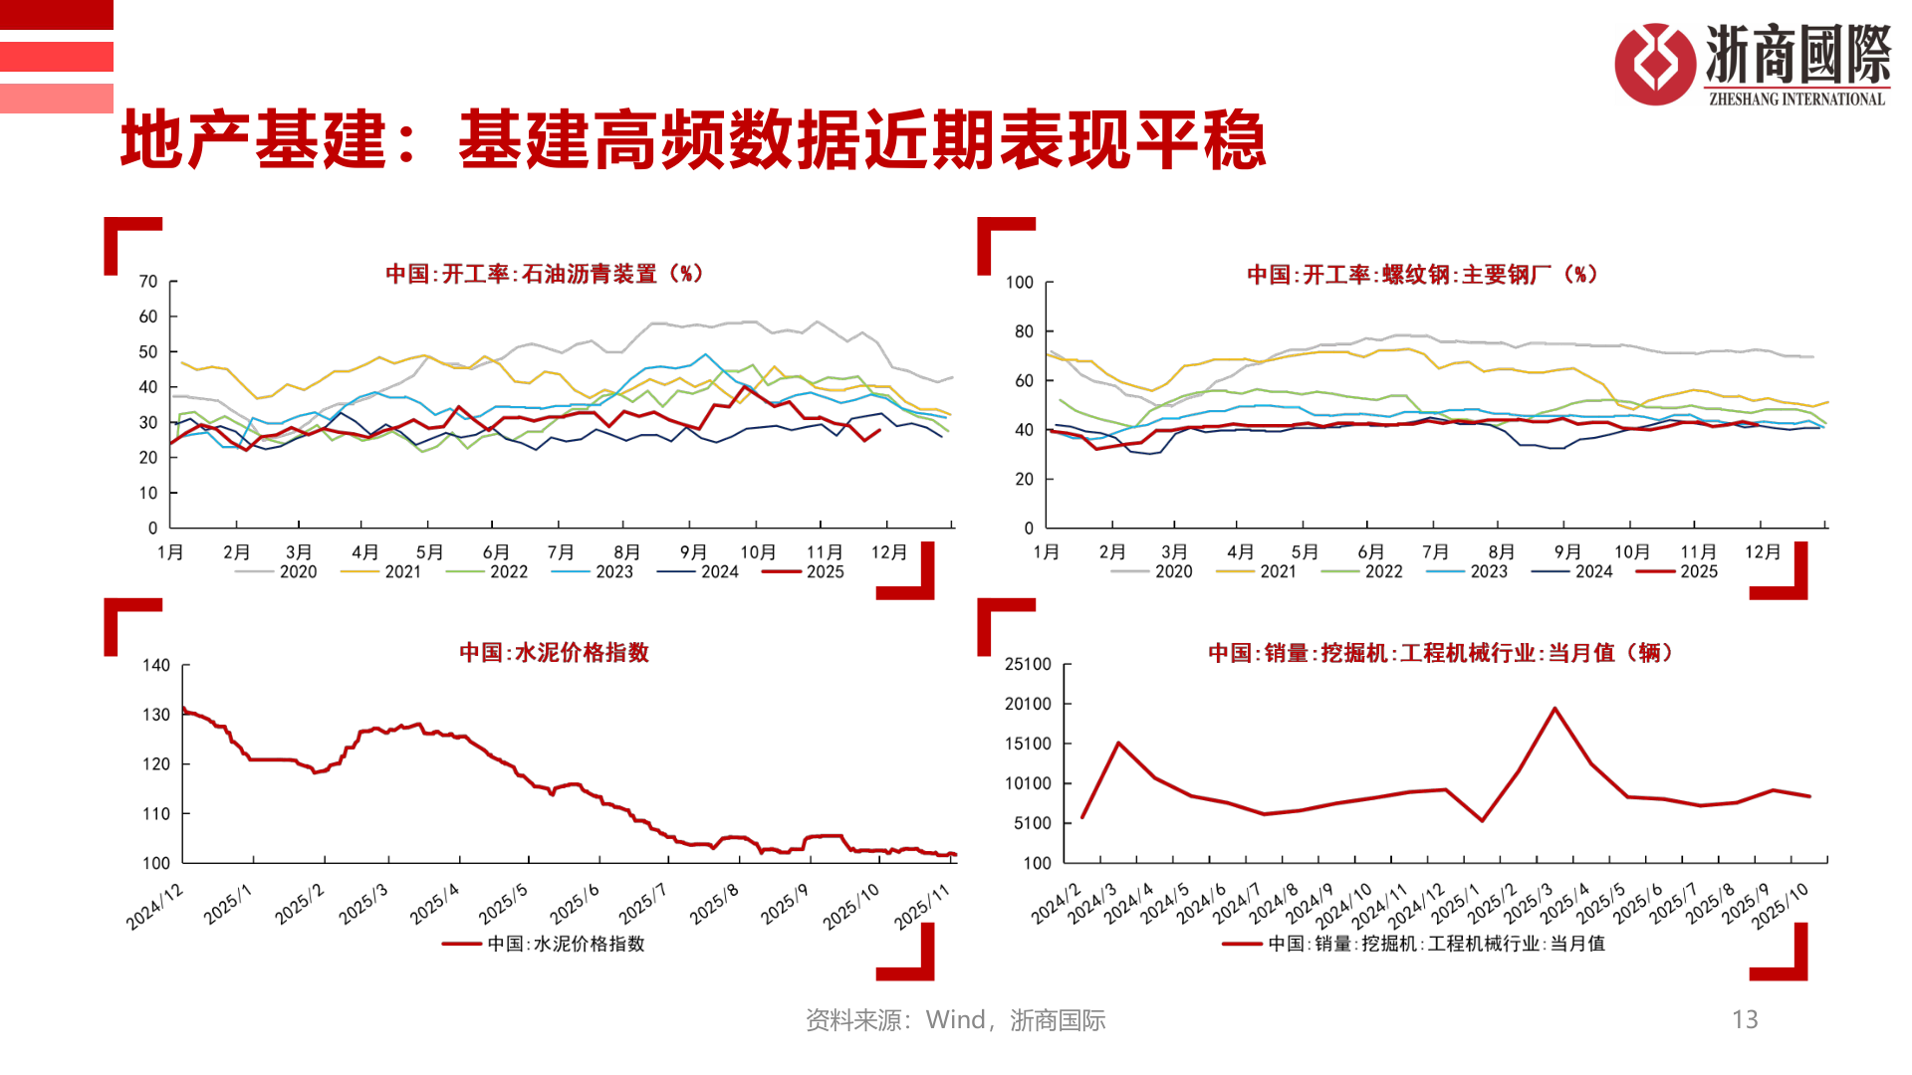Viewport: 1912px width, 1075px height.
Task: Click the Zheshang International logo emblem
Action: coord(1654,64)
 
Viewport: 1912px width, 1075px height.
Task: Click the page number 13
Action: coord(1745,1019)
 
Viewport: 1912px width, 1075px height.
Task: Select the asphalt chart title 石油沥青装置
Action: coord(544,274)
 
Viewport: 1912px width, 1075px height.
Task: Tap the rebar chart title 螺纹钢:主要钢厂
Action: coord(1421,275)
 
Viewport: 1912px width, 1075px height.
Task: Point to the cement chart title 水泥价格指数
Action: coord(554,653)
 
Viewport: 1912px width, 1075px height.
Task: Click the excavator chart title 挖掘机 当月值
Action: coord(1440,653)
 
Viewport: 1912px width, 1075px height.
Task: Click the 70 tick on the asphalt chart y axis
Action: coord(148,282)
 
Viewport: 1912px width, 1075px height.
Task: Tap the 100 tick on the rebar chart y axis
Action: coord(1020,283)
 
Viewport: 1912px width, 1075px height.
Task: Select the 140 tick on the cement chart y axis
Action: coord(156,665)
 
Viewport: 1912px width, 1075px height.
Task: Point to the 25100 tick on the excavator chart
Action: coord(1028,664)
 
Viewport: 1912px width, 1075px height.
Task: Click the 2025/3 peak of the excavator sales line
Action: coord(1554,709)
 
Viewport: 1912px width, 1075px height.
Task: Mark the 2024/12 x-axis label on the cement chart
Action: coord(156,906)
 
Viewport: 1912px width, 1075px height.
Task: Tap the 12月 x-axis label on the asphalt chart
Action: coord(888,552)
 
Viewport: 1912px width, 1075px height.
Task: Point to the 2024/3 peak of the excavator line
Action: coord(1118,743)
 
